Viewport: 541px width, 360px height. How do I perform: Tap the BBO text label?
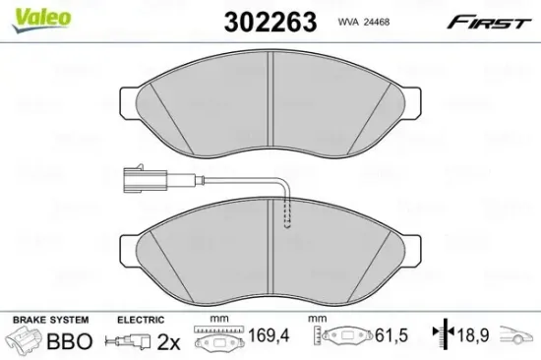click(x=71, y=341)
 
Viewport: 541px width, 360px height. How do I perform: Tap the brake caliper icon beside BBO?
click(x=27, y=341)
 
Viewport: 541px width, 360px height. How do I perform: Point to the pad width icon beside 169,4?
click(x=212, y=340)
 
